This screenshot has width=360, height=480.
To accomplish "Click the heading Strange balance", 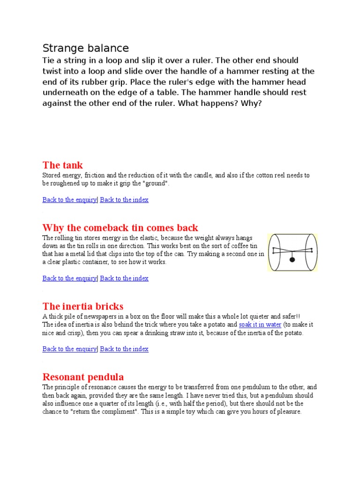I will (x=85, y=48).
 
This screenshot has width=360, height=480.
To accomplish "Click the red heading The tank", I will (x=62, y=165).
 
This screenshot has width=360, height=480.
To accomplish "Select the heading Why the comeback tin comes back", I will (x=120, y=228).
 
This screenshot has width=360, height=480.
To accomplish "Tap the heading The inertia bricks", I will (x=82, y=307).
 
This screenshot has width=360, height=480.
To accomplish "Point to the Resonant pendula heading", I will (x=83, y=377).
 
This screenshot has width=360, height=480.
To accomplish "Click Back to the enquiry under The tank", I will (x=69, y=200).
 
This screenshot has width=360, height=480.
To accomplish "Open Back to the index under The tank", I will (x=124, y=200).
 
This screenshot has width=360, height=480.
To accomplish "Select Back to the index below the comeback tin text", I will (x=124, y=278).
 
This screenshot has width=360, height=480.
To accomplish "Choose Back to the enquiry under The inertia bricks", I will (x=69, y=349).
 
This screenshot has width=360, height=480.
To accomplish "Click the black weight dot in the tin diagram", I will (x=292, y=259).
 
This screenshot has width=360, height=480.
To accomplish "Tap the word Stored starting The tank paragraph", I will (x=52, y=175).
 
